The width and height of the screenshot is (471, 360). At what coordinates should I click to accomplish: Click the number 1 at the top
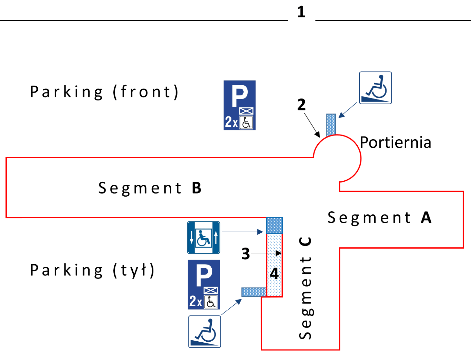(301, 12)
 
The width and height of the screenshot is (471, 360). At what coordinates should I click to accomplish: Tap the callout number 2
(301, 105)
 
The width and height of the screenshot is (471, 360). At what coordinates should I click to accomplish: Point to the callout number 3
(246, 254)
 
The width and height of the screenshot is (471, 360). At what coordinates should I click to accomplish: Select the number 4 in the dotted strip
(274, 273)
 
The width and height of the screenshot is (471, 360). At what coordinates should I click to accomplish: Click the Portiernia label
(395, 143)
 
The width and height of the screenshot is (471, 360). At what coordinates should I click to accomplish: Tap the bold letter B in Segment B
(197, 188)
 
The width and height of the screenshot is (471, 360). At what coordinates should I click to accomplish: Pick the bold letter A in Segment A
(426, 218)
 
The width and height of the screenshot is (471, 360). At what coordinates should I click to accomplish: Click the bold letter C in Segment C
(305, 241)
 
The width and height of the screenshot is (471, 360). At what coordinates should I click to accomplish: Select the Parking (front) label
(104, 92)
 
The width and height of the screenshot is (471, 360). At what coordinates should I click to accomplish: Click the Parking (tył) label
(92, 270)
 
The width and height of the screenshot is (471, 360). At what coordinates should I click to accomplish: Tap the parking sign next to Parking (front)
(240, 105)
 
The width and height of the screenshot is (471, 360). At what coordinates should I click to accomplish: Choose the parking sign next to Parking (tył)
(204, 285)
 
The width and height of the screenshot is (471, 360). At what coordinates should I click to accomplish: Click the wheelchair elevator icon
(204, 238)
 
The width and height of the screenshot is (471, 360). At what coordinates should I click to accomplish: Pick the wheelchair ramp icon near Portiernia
(375, 88)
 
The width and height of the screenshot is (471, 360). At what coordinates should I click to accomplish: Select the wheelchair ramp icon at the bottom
(205, 331)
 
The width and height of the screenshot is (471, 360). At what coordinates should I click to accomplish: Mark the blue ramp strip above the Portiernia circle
(331, 125)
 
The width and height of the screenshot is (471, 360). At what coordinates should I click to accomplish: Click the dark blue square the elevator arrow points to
(274, 225)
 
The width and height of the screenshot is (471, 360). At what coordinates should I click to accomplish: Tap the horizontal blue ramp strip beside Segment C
(254, 292)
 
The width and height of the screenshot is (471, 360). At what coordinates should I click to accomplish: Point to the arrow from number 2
(312, 125)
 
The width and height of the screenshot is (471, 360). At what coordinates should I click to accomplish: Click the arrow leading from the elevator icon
(243, 232)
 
